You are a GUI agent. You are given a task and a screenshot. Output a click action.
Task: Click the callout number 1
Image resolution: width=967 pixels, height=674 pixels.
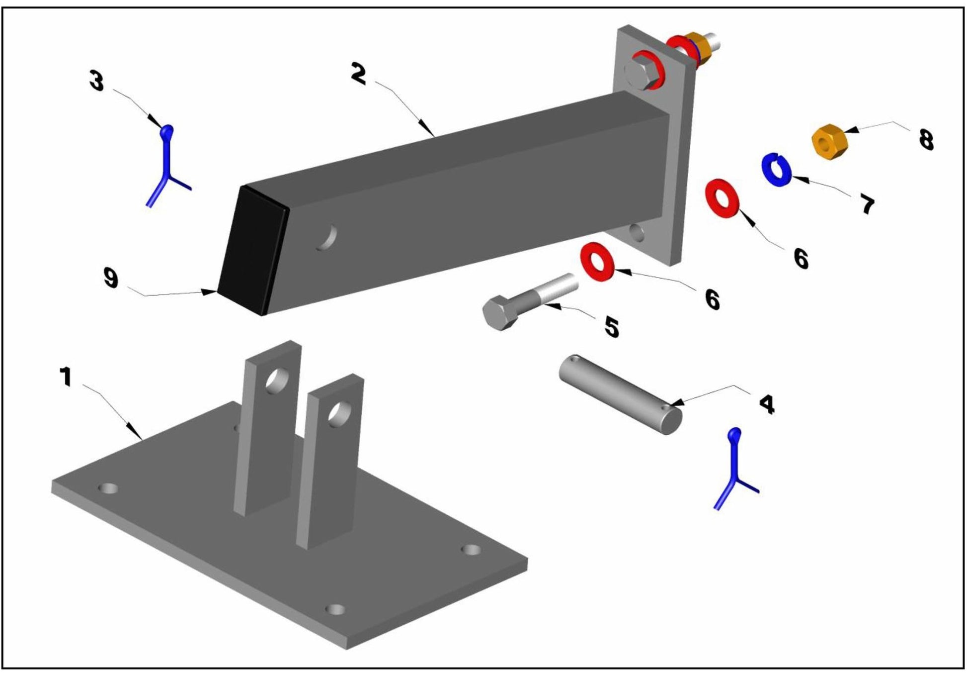click(65, 377)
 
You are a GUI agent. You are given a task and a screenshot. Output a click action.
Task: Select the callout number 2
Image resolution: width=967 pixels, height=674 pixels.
click(358, 73)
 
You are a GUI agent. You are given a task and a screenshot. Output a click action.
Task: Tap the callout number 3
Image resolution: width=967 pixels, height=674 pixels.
click(97, 80)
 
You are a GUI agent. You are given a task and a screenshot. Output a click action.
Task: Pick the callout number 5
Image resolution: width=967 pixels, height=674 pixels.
click(611, 327)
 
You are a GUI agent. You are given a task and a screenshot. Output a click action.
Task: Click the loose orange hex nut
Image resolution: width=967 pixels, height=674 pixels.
click(828, 142)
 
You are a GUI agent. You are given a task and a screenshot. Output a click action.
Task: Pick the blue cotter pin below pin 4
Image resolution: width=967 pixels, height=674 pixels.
click(735, 469)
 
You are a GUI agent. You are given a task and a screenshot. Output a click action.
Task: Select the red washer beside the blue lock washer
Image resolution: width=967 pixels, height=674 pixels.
click(722, 198)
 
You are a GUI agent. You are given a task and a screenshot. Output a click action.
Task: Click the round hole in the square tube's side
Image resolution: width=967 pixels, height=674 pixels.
click(327, 237)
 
